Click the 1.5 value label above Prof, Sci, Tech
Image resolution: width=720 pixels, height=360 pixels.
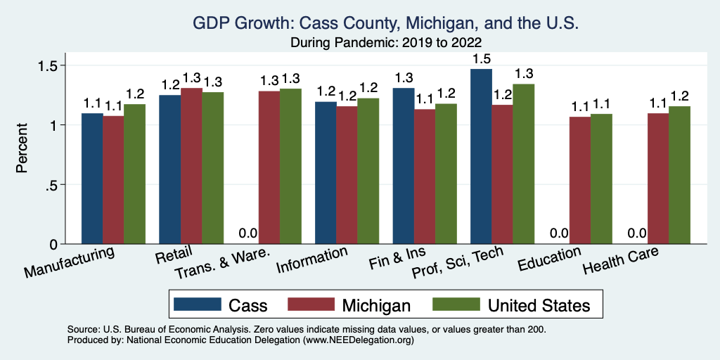pyautogui.click(x=481, y=57)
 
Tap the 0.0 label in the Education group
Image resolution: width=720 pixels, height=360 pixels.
pyautogui.click(x=559, y=233)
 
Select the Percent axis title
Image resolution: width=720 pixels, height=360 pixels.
pyautogui.click(x=23, y=149)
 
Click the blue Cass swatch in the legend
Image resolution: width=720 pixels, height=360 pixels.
pyautogui.click(x=196, y=304)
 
